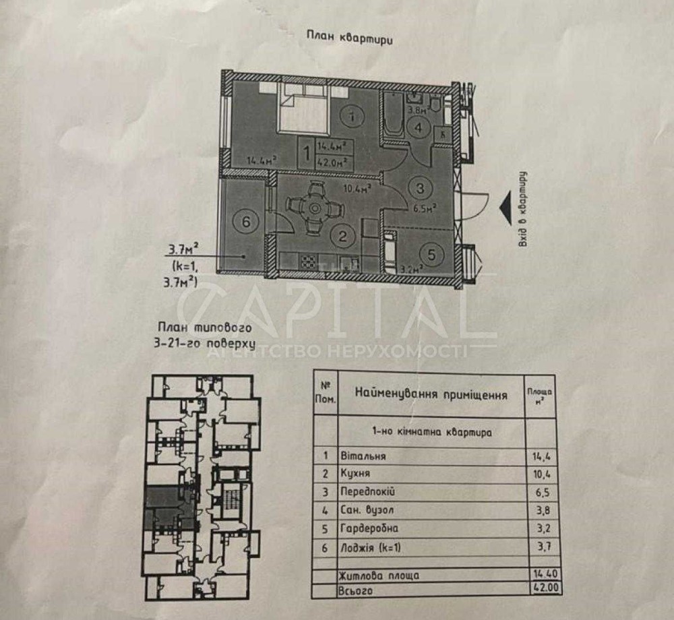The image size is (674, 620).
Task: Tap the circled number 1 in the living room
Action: (349, 117)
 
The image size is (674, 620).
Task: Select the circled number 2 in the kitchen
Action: (343, 235)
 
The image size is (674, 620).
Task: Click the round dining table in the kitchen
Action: (313, 209)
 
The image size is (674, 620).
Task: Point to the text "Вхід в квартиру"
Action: (522, 209)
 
